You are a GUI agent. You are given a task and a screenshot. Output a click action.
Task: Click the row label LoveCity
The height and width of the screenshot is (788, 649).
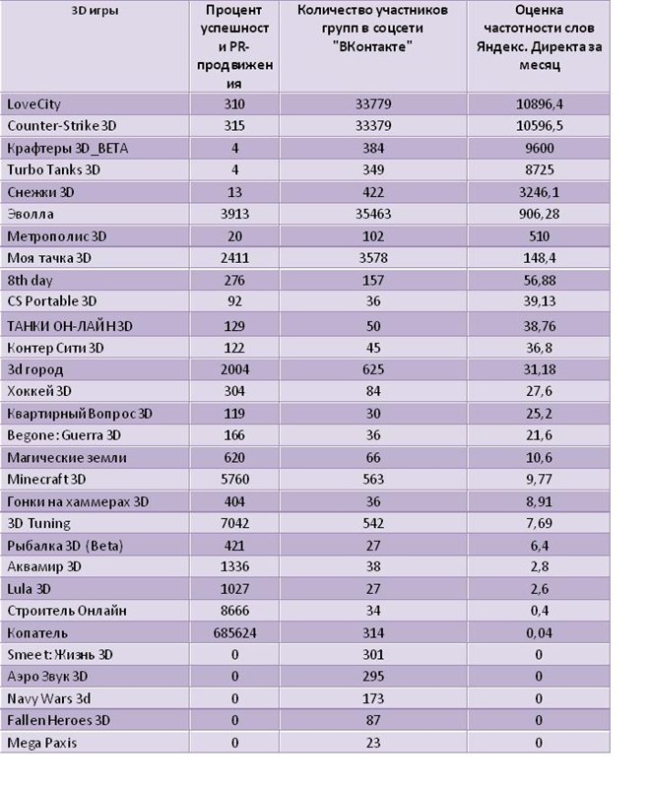[33, 104]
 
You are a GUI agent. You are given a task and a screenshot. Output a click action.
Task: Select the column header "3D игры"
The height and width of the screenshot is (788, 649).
[95, 11]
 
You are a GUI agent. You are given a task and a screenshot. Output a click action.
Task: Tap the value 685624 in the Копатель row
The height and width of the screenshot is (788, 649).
[234, 632]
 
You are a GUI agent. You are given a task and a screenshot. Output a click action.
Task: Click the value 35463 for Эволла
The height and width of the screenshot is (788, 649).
[373, 214]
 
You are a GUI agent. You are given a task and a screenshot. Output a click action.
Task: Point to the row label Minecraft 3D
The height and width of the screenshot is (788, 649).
[46, 480]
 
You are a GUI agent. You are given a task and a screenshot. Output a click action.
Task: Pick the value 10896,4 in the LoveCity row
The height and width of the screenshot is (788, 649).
[540, 104]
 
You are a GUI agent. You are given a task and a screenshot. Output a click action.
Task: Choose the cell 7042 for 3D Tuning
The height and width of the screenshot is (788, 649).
[234, 524]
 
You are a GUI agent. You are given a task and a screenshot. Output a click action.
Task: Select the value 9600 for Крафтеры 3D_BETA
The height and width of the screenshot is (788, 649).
[540, 149]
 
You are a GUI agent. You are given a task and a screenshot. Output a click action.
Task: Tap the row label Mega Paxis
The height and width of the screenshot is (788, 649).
[41, 743]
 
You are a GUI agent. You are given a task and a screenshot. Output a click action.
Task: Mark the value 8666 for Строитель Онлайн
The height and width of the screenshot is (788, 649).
[234, 611]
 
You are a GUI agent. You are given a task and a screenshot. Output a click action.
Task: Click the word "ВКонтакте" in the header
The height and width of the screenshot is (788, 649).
[372, 46]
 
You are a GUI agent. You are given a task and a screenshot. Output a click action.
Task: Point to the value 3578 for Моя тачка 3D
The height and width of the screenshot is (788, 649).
[373, 258]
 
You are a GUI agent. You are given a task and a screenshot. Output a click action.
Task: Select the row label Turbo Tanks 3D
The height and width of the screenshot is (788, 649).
[54, 169]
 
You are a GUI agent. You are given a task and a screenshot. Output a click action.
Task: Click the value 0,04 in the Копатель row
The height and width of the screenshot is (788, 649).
[540, 632]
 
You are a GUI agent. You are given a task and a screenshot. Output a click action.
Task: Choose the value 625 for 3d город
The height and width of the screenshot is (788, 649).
[373, 370]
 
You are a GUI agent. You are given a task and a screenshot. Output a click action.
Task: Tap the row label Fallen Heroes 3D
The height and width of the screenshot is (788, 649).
[58, 721]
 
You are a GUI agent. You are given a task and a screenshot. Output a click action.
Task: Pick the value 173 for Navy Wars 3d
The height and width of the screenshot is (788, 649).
[373, 698]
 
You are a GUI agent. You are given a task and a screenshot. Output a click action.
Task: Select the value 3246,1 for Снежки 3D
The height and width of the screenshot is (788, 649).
[540, 192]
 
